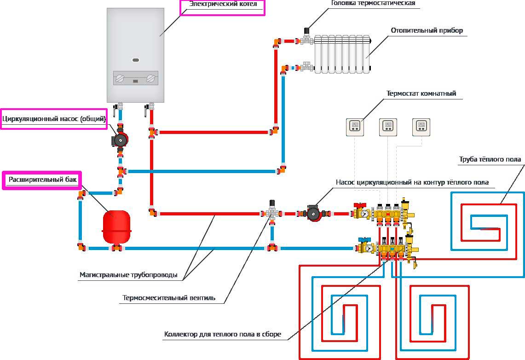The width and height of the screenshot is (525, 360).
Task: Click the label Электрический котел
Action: (x=222, y=6)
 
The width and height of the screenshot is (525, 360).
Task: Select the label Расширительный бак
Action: (x=42, y=180)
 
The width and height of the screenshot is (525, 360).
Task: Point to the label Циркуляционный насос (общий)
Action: (x=54, y=119)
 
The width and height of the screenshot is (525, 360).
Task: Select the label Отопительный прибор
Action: (x=427, y=31)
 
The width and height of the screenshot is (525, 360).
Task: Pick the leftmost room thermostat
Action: (x=355, y=127)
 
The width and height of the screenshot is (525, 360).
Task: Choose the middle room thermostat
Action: (x=388, y=127)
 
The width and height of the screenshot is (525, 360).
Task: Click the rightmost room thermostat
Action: (x=421, y=127)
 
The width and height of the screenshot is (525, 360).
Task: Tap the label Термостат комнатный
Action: (x=421, y=93)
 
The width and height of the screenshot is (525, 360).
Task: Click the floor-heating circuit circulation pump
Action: (x=314, y=213)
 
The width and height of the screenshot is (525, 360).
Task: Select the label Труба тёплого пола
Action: (x=490, y=160)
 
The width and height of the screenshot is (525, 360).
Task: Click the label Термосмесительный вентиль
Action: (x=168, y=297)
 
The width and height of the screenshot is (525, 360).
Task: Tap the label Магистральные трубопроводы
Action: (x=128, y=275)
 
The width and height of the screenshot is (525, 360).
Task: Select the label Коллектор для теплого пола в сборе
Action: (x=222, y=334)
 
